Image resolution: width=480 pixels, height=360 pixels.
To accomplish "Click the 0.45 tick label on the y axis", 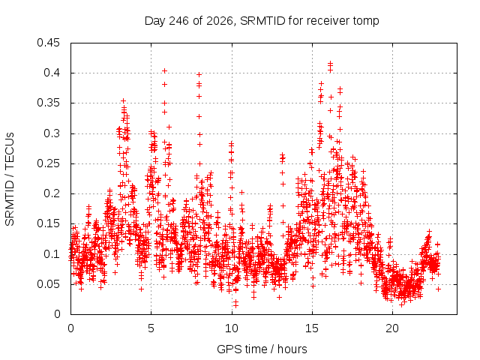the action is coord(48,43).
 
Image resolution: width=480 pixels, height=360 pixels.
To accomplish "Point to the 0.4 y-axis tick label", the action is coord(52,73).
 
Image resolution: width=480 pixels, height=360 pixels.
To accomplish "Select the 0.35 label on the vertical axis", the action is coord(48,103).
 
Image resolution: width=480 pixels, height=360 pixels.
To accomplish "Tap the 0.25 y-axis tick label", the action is coord(48,163).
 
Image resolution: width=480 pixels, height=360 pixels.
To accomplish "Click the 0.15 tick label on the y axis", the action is coord(48,223).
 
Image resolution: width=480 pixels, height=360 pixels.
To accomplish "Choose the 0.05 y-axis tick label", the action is coord(48,284).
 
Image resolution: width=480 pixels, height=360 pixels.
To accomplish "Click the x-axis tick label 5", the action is coord(151,328).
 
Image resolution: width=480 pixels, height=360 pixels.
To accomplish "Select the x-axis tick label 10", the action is coord(232,328).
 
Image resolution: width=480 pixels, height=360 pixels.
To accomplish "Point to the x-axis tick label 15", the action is coord(312,328).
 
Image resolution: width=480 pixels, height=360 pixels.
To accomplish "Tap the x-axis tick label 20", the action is coord(392,328).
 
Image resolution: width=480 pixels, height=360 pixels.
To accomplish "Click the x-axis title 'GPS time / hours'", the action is coord(262,349).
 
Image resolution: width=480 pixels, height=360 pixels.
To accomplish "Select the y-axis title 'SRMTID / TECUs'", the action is coord(10,179).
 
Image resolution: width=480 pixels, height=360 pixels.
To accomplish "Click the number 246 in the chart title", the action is coord(179,21).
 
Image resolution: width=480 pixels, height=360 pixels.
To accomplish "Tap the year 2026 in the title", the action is coord(220,21).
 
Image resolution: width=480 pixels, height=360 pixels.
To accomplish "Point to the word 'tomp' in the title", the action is coord(366,22).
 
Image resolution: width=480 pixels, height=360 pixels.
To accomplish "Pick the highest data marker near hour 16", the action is coord(330,63).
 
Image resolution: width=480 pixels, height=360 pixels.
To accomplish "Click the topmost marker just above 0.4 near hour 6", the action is coord(164,71).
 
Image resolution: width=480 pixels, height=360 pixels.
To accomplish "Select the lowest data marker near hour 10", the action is coord(235,305).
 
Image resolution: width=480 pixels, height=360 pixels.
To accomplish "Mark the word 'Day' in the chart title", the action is coord(155,22).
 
